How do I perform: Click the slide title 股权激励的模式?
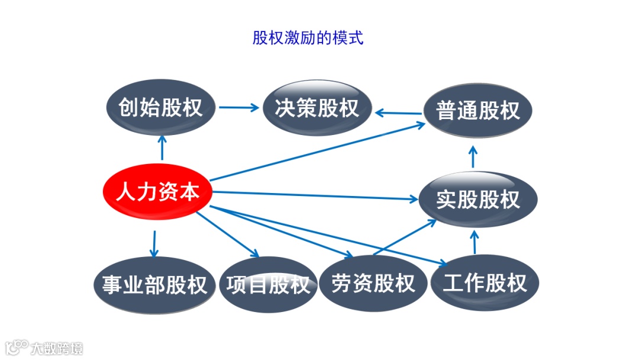308,39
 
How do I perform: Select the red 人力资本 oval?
157,192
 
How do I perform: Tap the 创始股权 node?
160,108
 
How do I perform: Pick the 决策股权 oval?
317,108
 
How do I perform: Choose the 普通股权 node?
477,111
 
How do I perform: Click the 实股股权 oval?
478,200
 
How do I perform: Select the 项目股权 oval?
268,285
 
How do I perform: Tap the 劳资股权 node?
373,283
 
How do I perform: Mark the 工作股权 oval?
485,282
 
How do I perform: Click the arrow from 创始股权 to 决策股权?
238,108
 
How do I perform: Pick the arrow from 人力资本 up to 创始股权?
162,147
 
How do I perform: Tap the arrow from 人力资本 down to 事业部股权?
154,243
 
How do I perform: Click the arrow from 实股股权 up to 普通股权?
473,156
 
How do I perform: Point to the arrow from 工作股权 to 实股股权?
473,242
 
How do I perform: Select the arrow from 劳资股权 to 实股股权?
405,237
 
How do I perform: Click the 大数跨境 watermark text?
57,348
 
